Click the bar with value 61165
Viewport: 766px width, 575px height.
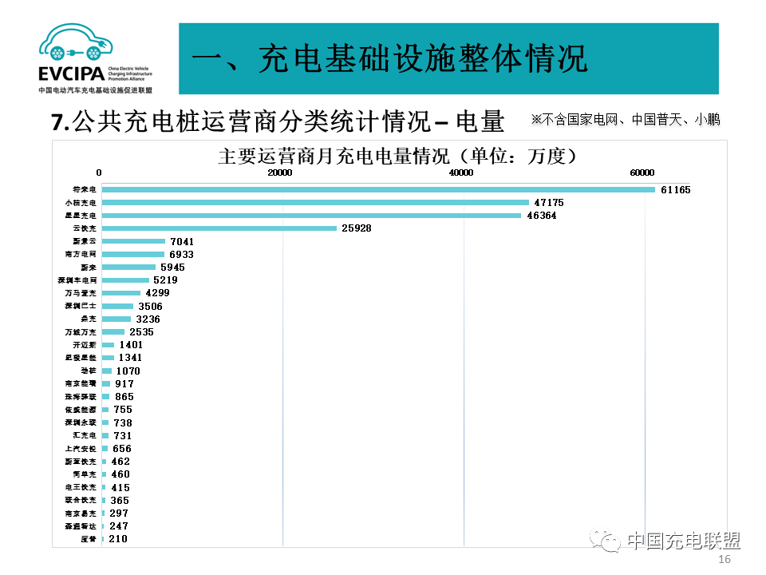pyautogui.click(x=378, y=189)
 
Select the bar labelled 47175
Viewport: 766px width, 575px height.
pyautogui.click(x=315, y=203)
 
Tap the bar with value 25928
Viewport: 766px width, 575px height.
pyautogui.click(x=219, y=228)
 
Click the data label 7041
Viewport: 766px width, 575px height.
pyautogui.click(x=182, y=241)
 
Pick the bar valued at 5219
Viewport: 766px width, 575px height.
pyautogui.click(x=125, y=280)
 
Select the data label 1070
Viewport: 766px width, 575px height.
pyautogui.click(x=128, y=371)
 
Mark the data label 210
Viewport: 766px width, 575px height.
pyautogui.click(x=118, y=539)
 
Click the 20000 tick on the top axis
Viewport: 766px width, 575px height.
pyautogui.click(x=280, y=172)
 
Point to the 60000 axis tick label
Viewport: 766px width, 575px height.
pyautogui.click(x=642, y=172)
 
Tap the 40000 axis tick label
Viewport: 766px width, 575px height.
pyautogui.click(x=461, y=172)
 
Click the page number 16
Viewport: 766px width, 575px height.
pyautogui.click(x=725, y=560)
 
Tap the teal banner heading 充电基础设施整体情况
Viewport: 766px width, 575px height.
pyautogui.click(x=390, y=58)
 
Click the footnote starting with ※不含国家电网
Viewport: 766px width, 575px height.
pyautogui.click(x=626, y=120)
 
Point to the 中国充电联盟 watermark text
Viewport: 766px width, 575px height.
pyautogui.click(x=683, y=541)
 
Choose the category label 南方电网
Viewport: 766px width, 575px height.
pyautogui.click(x=81, y=255)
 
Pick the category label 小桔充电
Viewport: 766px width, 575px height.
pyautogui.click(x=81, y=203)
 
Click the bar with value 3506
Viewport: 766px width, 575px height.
pyautogui.click(x=118, y=307)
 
